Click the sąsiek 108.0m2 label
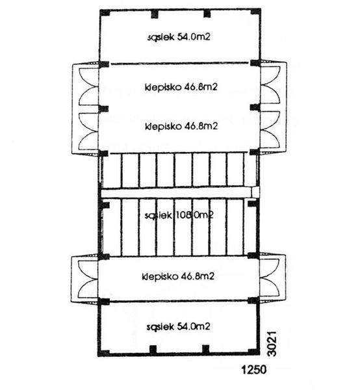(x=180, y=215)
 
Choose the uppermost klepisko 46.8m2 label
(x=181, y=85)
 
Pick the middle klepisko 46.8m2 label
(x=181, y=126)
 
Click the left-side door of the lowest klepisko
(x=84, y=278)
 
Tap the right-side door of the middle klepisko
(x=272, y=130)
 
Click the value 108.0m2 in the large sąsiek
(x=197, y=215)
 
